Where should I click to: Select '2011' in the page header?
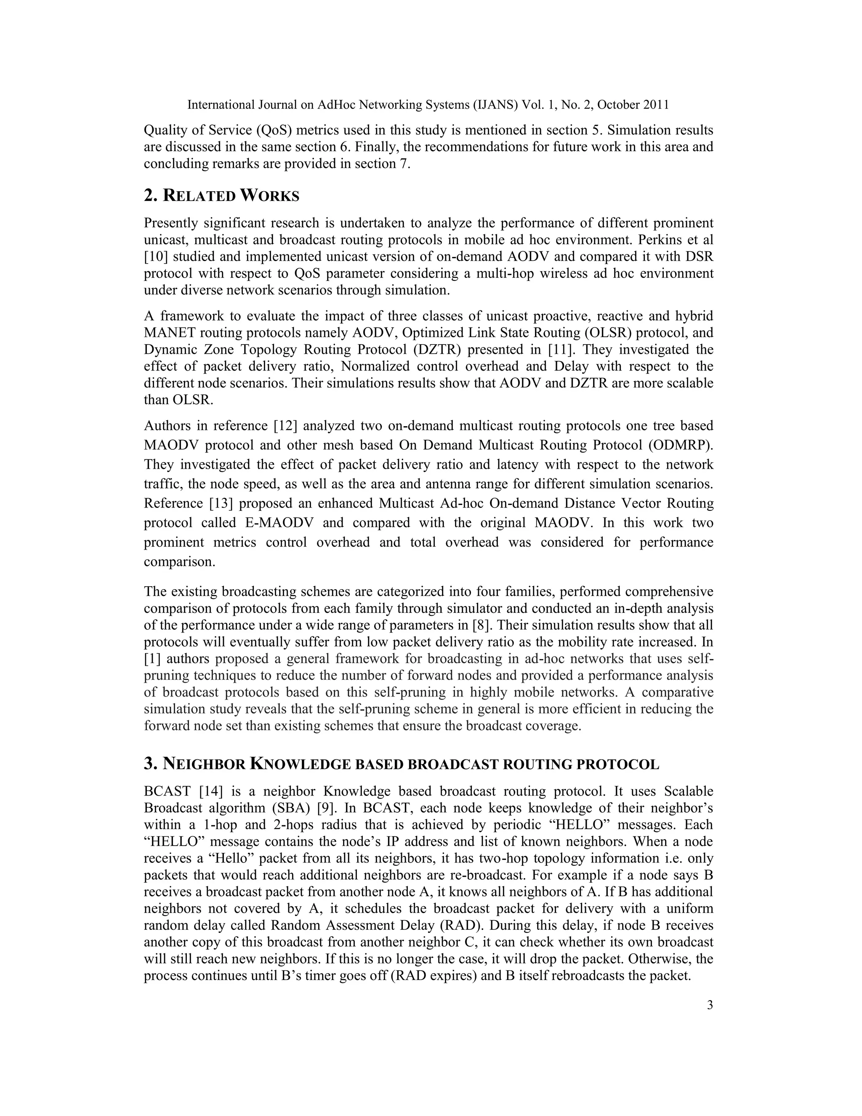tap(656, 105)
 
